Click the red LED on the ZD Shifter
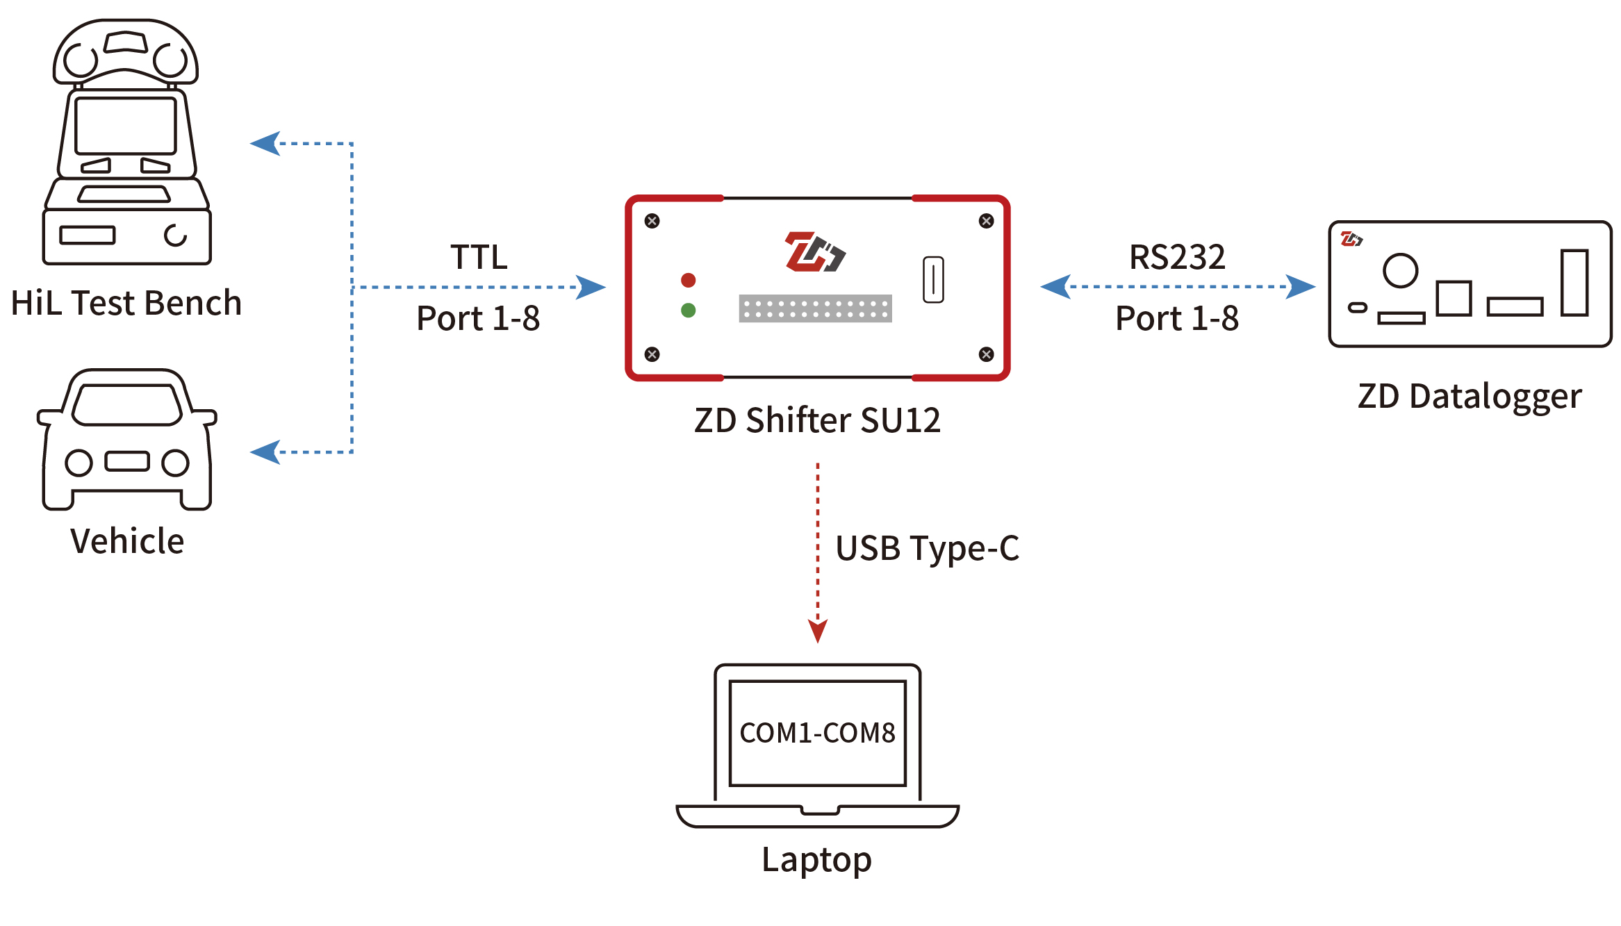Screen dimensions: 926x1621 [x=688, y=280]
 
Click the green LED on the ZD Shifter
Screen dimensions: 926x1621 [x=688, y=311]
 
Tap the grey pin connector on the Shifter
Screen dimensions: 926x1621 [x=815, y=308]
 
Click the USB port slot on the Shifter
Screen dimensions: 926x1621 [x=933, y=279]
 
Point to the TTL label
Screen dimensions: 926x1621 [x=479, y=257]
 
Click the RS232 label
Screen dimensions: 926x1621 [x=1177, y=257]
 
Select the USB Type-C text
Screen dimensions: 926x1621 [x=927, y=548]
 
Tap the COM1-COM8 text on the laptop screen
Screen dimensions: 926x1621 [x=817, y=733]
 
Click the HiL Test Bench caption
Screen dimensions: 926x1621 [x=126, y=303]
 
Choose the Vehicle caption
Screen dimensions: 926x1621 [x=127, y=541]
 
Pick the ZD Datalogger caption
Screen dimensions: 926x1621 [x=1470, y=397]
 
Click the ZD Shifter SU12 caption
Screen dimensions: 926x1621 [x=817, y=420]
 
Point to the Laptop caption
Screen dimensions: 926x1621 [x=816, y=859]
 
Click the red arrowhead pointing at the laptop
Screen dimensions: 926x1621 [x=818, y=630]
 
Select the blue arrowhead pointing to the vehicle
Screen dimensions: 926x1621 [x=266, y=452]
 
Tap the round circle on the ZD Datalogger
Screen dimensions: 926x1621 [x=1400, y=270]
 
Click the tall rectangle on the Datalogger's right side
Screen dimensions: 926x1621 [x=1574, y=283]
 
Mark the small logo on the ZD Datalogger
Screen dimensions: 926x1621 [x=1351, y=240]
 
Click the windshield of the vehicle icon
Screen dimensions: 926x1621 [x=127, y=404]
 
